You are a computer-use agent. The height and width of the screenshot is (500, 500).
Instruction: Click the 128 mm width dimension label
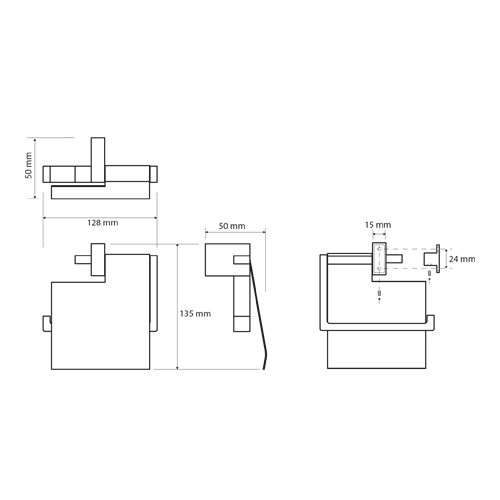tap(103, 223)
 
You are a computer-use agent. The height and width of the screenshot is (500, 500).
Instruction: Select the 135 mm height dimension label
tap(195, 314)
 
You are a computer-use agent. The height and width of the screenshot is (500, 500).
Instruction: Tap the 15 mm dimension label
tap(378, 225)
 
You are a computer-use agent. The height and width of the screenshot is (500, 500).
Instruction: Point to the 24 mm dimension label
tap(462, 259)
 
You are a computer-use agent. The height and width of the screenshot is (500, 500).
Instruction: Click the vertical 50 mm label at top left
tap(29, 165)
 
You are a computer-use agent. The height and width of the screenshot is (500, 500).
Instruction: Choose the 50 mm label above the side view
tap(232, 226)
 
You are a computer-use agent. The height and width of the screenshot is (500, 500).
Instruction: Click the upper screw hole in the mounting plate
tap(379, 249)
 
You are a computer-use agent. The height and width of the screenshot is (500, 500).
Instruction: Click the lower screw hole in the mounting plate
tap(379, 268)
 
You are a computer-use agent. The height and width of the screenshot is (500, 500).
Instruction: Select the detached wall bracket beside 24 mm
tap(432, 259)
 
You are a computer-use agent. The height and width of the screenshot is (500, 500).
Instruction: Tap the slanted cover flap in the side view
tap(258, 313)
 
